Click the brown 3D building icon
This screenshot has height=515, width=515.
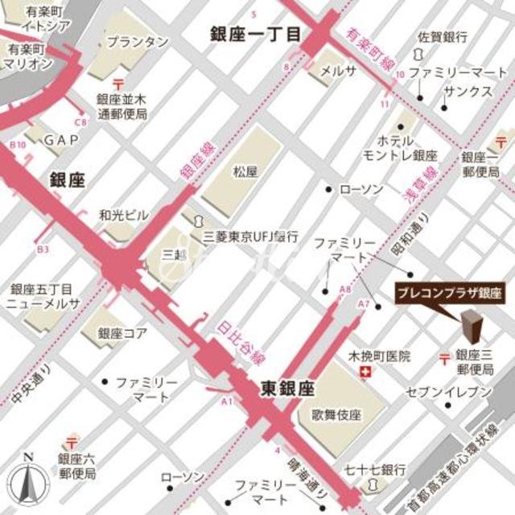click(x=471, y=328)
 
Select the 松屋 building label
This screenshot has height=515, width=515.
click(x=245, y=171)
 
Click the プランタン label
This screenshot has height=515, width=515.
click(x=138, y=41)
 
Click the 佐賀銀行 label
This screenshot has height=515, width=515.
click(x=443, y=37)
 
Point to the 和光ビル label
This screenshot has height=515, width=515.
click(x=123, y=215)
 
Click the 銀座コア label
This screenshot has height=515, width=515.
click(x=122, y=332)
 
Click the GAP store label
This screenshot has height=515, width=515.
click(x=60, y=140)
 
